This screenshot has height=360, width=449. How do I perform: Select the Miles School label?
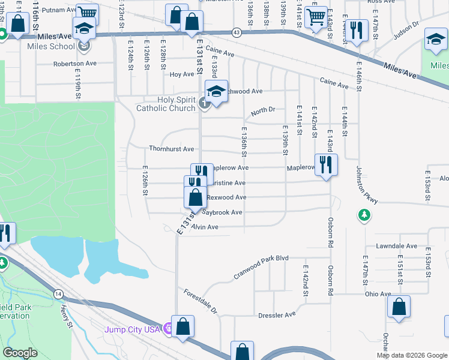click(51, 46)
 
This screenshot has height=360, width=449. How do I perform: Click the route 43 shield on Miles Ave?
click(238, 32)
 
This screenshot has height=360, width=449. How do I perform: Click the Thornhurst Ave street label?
click(172, 149)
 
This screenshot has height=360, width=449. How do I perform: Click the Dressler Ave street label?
click(277, 314)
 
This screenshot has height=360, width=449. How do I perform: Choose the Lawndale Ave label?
click(396, 246)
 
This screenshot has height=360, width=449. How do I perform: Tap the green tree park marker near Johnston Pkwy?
click(364, 215)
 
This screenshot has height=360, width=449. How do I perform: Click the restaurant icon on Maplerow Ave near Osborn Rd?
click(326, 164)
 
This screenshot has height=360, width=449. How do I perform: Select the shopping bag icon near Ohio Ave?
click(399, 307)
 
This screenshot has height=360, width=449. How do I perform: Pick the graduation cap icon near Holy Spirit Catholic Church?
click(216, 91)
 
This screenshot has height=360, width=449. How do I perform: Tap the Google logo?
click(20, 353)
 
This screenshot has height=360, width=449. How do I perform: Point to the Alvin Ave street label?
click(204, 227)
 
